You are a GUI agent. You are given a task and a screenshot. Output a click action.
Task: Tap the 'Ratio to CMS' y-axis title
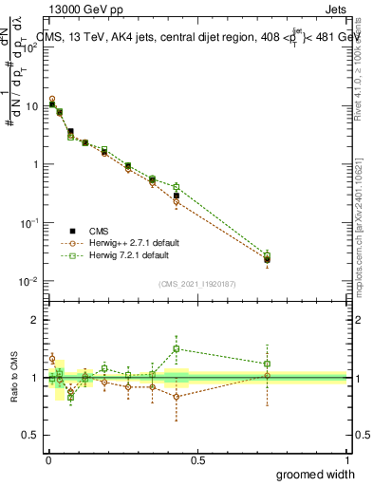pos(13,378)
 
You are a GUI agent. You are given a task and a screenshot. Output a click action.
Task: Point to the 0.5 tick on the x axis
pos(197,459)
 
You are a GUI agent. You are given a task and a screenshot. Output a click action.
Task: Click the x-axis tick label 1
pos(345,459)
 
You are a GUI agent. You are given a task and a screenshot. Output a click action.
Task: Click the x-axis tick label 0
pos(47,459)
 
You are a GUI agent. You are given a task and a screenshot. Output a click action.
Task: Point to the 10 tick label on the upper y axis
pos(30,105)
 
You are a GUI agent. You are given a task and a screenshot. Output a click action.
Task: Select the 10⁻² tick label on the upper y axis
pos(28,282)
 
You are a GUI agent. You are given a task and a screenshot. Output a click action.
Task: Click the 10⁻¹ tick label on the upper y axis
pos(28,223)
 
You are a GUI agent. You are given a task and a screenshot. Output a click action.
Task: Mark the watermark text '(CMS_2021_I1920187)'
pos(196,282)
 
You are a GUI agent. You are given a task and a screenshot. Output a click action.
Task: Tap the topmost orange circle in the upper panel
pos(52,99)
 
